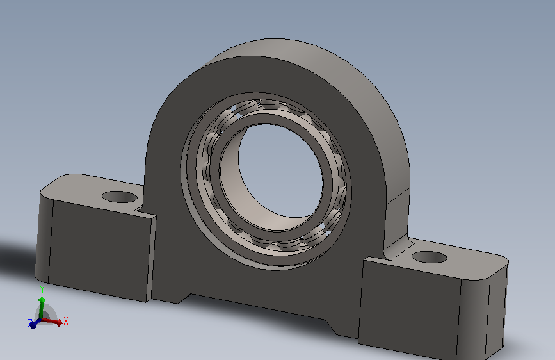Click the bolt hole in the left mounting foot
[x=119, y=197]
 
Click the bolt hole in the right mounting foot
[x=430, y=257]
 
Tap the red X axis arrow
[x=52, y=321]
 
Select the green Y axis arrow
[x=42, y=307]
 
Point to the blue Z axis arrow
[x=34, y=323]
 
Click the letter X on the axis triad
[x=65, y=321]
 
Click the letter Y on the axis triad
[x=42, y=290]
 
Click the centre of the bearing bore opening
[x=280, y=170]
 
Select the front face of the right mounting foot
[x=410, y=306]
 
